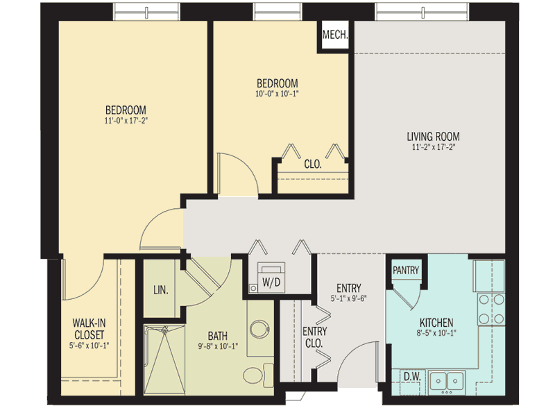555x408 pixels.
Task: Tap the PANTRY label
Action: [x=405, y=269]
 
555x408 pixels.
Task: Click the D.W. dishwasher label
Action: [x=411, y=377]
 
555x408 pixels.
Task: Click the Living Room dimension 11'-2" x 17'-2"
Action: [x=433, y=147]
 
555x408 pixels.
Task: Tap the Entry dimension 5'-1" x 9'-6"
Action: [x=348, y=299]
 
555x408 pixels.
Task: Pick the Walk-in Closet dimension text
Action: [x=89, y=345]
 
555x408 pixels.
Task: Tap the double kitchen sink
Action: [x=447, y=380]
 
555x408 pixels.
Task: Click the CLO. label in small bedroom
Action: [x=312, y=164]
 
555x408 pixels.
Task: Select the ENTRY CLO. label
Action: [x=315, y=337]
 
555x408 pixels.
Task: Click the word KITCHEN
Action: [x=436, y=323]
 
